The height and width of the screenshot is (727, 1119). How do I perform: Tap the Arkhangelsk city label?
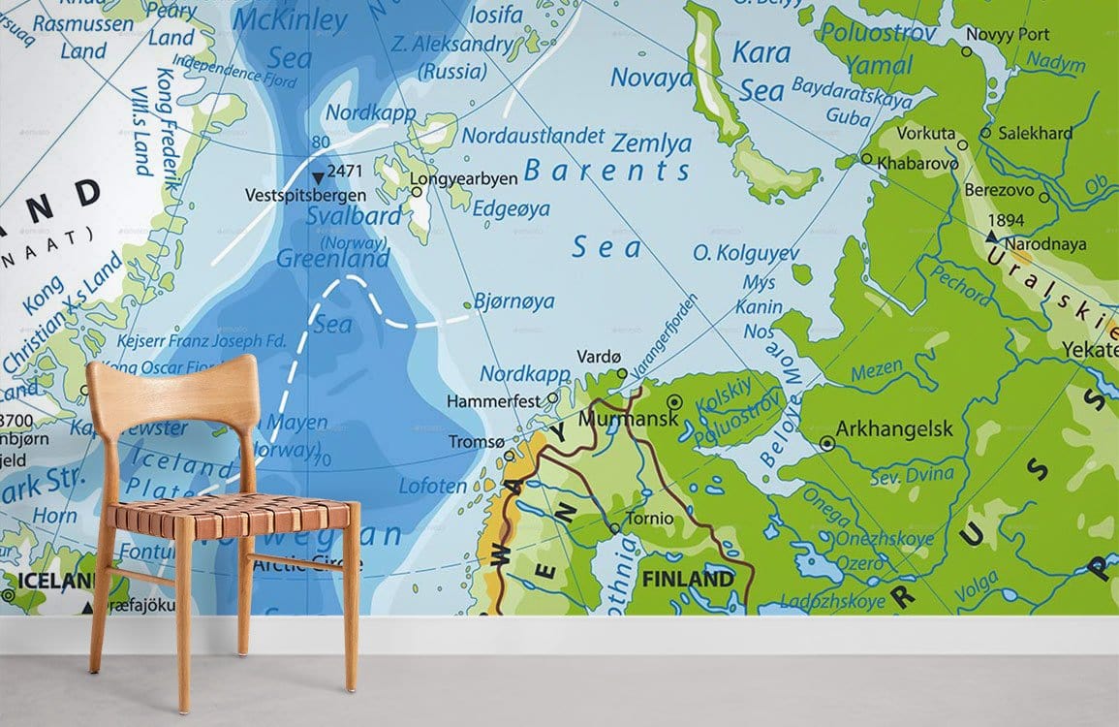pyautogui.click(x=894, y=428)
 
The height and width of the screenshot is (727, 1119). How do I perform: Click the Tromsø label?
pyautogui.click(x=476, y=441)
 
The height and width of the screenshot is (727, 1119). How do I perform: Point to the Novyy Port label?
pyautogui.click(x=1007, y=34)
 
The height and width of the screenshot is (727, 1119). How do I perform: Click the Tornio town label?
pyautogui.click(x=648, y=519)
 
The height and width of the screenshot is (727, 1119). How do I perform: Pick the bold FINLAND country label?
pyautogui.click(x=688, y=580)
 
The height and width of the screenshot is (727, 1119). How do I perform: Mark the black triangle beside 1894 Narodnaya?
pyautogui.click(x=991, y=237)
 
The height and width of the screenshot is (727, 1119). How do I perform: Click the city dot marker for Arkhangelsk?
pyautogui.click(x=826, y=443)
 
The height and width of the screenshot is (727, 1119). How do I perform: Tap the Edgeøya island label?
pyautogui.click(x=511, y=208)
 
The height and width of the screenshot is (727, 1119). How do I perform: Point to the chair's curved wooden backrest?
pyautogui.click(x=171, y=385)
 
